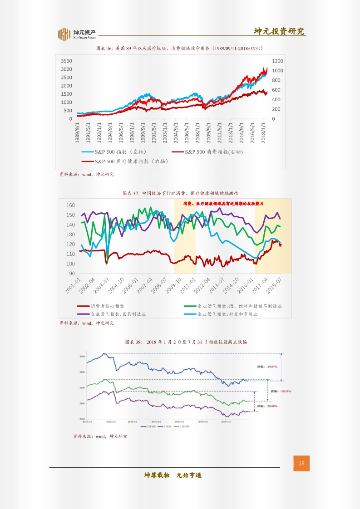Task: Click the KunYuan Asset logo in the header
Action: pyautogui.click(x=77, y=34)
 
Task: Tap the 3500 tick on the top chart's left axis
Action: pyautogui.click(x=66, y=61)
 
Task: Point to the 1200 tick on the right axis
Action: pyautogui.click(x=278, y=61)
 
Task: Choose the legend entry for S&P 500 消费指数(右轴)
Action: pyautogui.click(x=207, y=152)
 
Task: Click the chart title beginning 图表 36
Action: pyautogui.click(x=180, y=48)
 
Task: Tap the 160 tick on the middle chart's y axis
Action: pyautogui.click(x=70, y=206)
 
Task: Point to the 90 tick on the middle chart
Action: pyautogui.click(x=72, y=274)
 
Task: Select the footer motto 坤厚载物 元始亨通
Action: pyautogui.click(x=173, y=475)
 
